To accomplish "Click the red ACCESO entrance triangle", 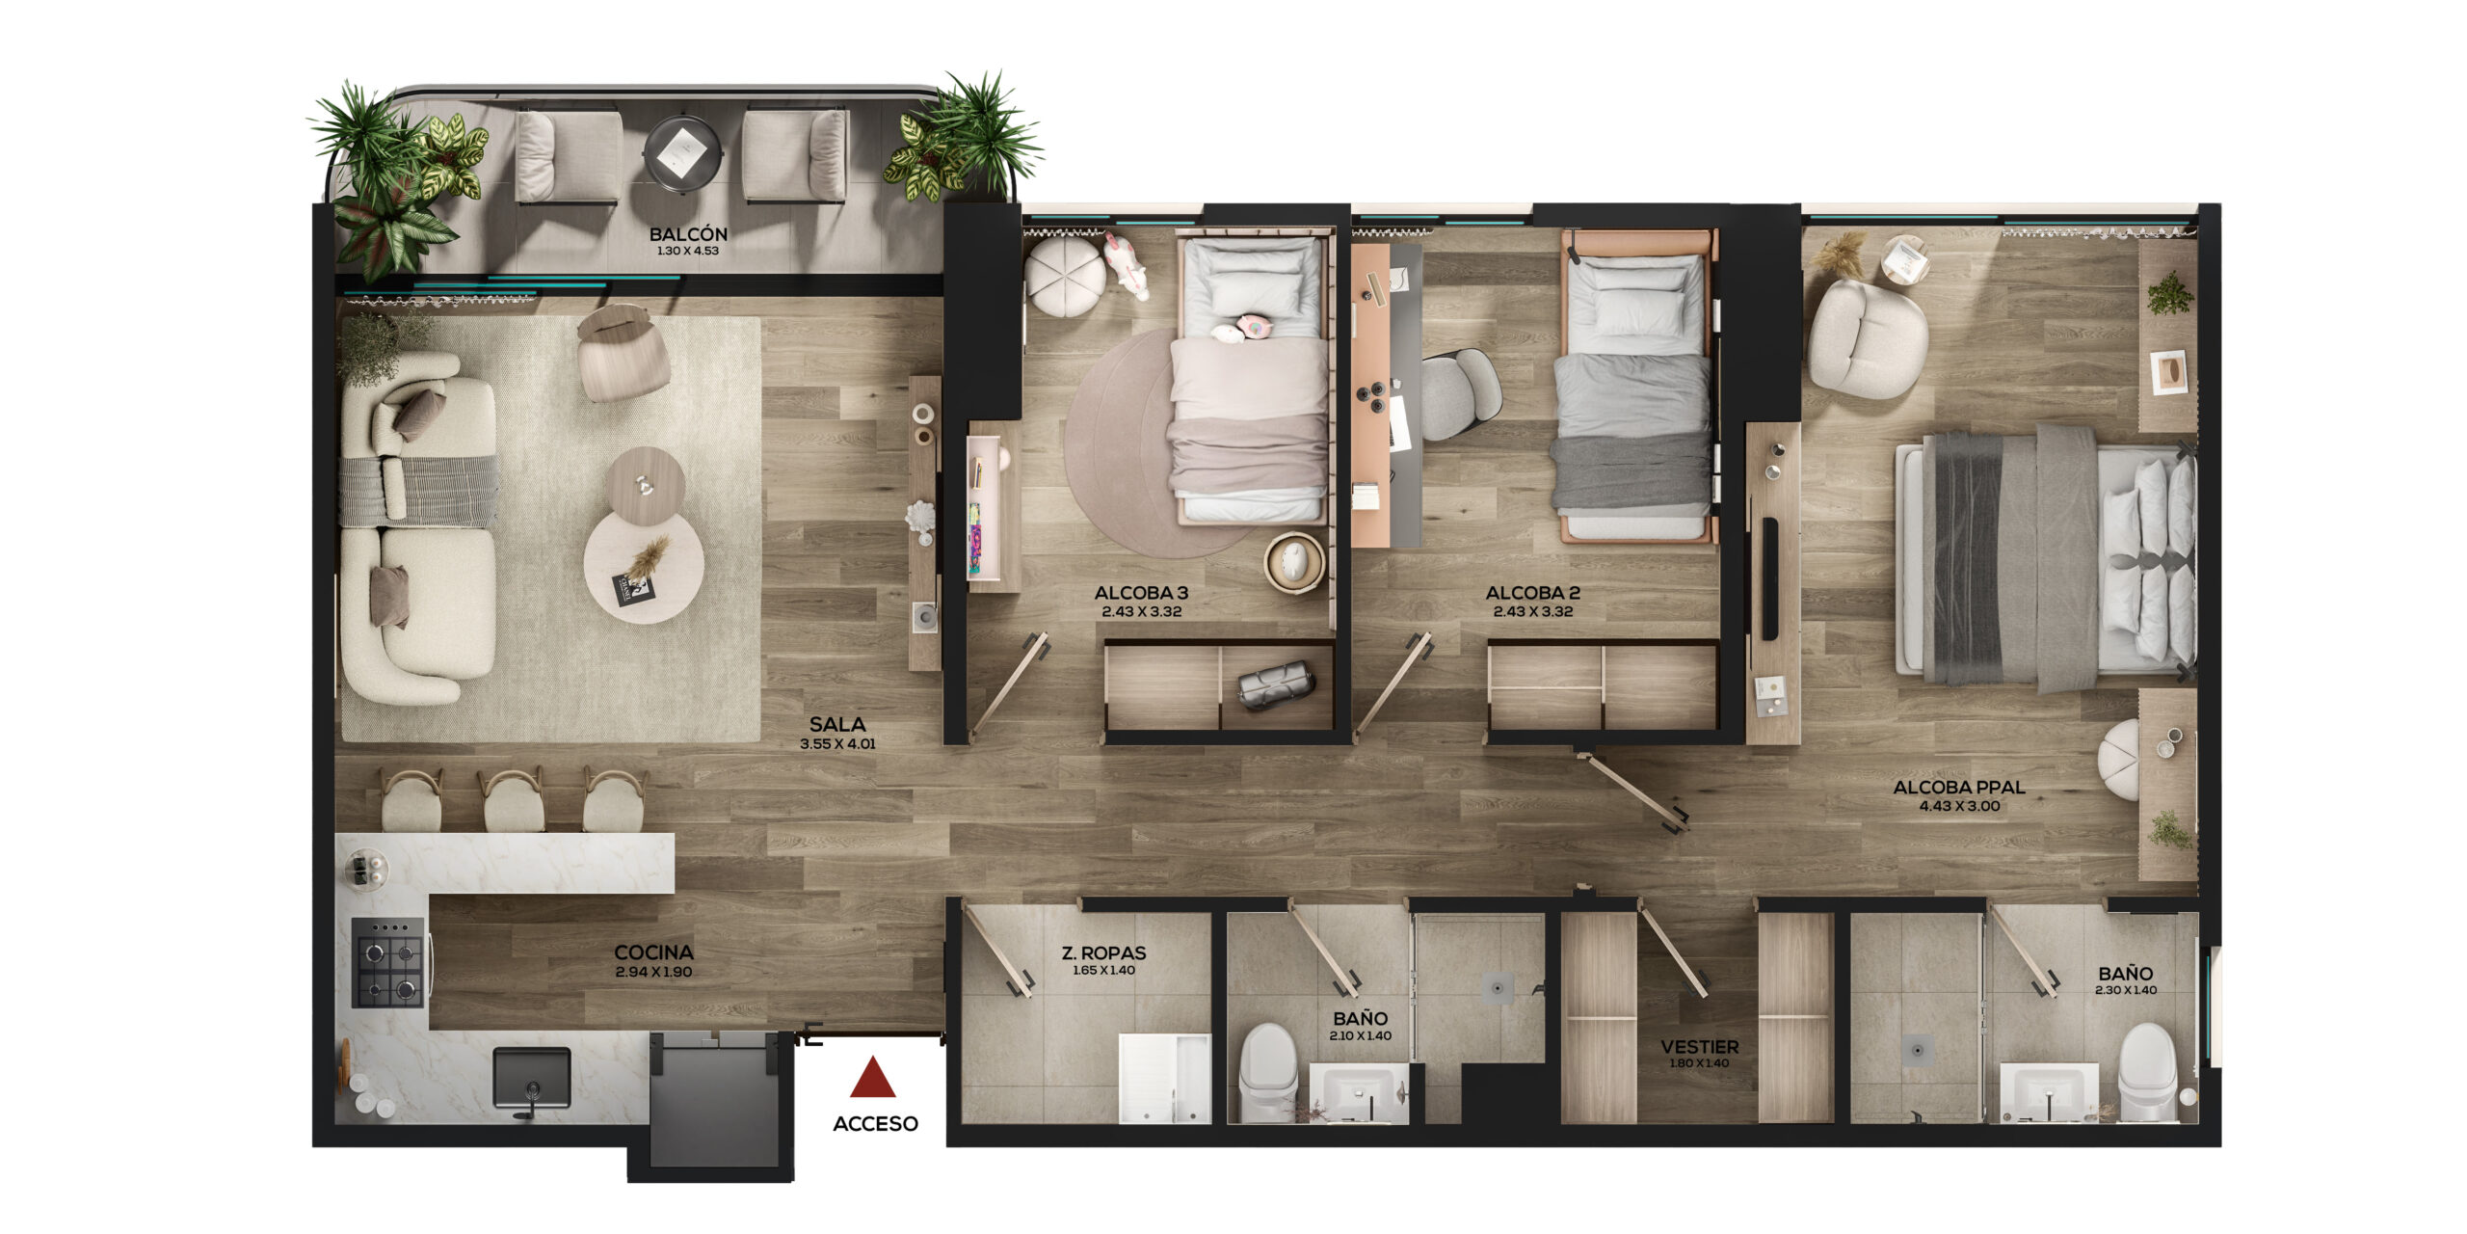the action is [x=873, y=1079].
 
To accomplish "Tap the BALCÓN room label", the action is [x=688, y=234].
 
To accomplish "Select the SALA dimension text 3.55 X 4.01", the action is [x=837, y=744].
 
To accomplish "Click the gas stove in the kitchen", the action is [x=387, y=962].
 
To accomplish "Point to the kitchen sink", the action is [x=531, y=1079].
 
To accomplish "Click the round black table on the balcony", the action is [x=683, y=151].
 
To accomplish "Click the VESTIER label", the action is [x=1700, y=1047].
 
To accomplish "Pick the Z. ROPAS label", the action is [x=1104, y=953].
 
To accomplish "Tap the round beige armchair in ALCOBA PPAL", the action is [x=1868, y=338].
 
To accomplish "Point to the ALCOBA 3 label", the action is [x=1142, y=594].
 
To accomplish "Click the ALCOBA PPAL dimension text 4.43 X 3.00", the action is [x=1959, y=807].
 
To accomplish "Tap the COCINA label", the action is [x=654, y=953].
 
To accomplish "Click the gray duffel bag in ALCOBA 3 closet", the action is [x=1276, y=685].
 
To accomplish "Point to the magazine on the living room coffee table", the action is [x=635, y=589].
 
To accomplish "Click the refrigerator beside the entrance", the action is [x=714, y=1099].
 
